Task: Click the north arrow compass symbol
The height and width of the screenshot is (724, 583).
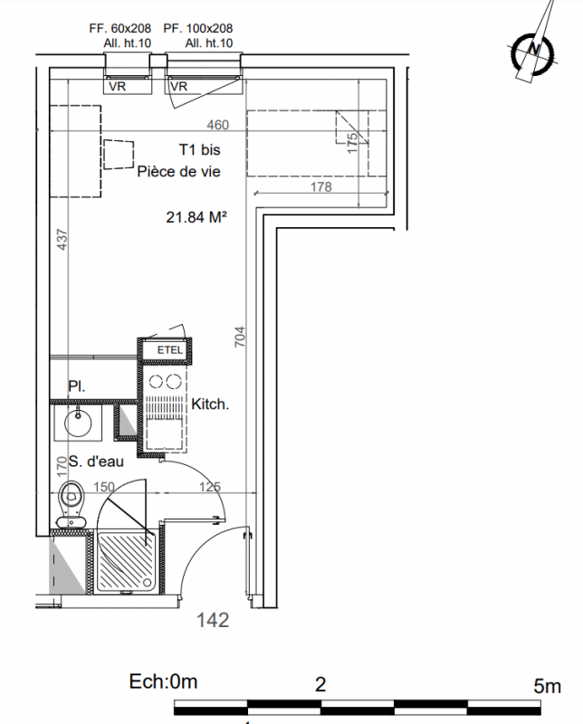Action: point(533,50)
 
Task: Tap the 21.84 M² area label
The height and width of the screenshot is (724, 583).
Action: point(196,216)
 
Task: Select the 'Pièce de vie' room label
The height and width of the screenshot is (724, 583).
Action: point(178,172)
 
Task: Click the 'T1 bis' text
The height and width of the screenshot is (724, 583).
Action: point(199,149)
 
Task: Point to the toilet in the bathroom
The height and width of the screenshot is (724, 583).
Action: point(71,504)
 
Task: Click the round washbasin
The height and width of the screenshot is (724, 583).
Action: point(78,423)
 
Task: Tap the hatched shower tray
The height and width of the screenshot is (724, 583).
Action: point(125,561)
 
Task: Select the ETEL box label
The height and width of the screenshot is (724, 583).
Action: point(170,350)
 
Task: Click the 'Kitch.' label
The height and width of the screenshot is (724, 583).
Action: point(210,405)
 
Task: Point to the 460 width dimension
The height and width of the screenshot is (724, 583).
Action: point(217,125)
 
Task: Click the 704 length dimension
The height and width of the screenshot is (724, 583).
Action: point(240,337)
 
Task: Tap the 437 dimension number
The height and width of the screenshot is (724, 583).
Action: point(62,240)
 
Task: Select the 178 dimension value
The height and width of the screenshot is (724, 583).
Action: point(321,186)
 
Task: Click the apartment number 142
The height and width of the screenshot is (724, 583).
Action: point(213,620)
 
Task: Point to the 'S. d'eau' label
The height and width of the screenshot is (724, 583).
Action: point(96,462)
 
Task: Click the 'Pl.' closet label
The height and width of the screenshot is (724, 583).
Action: point(77,386)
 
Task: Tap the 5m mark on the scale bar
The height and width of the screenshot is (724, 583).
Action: point(548,687)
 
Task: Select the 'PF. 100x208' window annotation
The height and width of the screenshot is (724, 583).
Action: point(197,28)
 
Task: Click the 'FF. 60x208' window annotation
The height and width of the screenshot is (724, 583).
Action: point(120,28)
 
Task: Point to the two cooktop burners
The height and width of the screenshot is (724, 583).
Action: point(165,382)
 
